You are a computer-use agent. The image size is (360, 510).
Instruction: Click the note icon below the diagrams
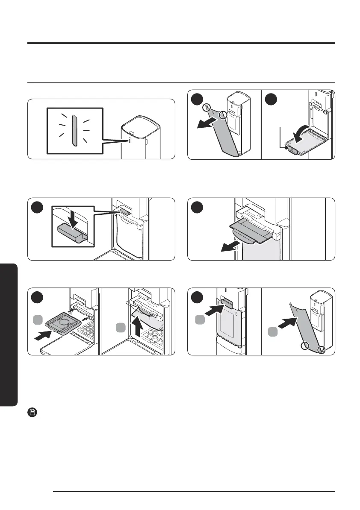32,412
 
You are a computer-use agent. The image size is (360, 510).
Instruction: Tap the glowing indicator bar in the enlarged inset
74,130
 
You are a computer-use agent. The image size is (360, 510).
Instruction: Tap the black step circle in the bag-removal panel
198,208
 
